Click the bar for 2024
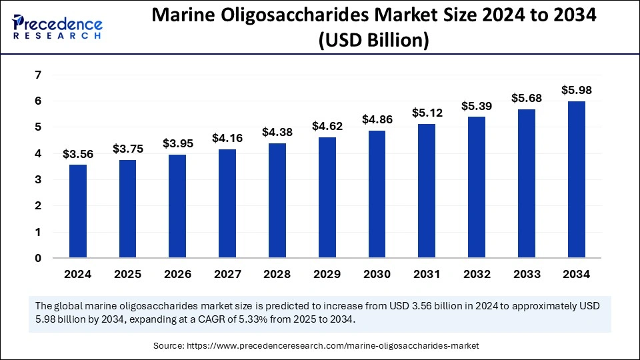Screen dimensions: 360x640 [x=79, y=211]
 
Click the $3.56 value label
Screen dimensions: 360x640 [x=79, y=154]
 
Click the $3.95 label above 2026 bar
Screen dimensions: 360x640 [x=177, y=143]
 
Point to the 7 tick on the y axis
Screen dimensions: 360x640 [x=38, y=75]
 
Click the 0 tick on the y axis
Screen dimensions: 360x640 [x=38, y=259]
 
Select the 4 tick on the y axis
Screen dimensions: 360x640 [x=38, y=154]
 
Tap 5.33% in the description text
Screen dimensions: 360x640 [x=278, y=319]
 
